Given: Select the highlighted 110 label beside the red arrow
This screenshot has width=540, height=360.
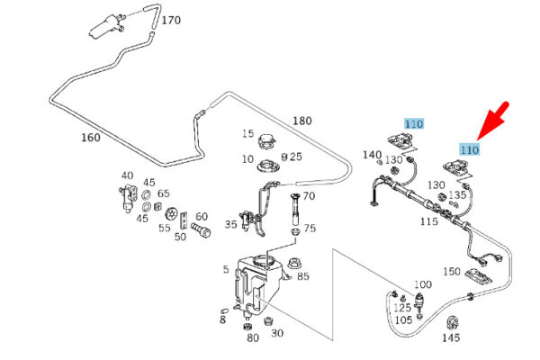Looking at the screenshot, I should pyautogui.click(x=468, y=149).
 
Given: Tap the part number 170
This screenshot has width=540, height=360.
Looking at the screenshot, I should pyautogui.click(x=171, y=20).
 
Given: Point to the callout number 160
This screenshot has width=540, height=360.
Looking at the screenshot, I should pyautogui.click(x=91, y=139).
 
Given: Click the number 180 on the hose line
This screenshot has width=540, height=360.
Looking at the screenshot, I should pyautogui.click(x=301, y=121).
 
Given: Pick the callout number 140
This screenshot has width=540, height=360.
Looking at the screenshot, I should pyautogui.click(x=373, y=155).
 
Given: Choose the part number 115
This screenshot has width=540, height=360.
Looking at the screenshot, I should pyautogui.click(x=428, y=220).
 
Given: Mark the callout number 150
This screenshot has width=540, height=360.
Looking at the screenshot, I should pyautogui.click(x=451, y=271).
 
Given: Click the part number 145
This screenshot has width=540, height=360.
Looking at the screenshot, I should pyautogui.click(x=451, y=337).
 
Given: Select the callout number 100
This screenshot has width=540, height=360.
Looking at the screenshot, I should pyautogui.click(x=423, y=285).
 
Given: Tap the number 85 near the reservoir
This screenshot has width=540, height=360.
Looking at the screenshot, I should pyautogui.click(x=302, y=276).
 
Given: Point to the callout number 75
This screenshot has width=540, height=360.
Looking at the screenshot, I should pyautogui.click(x=310, y=229).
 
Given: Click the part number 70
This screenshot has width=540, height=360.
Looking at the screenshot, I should pyautogui.click(x=308, y=195).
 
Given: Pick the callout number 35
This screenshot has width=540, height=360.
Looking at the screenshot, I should pyautogui.click(x=231, y=225).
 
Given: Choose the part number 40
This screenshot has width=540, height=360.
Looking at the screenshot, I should pyautogui.click(x=127, y=176).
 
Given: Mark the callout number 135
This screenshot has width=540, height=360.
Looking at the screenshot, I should pyautogui.click(x=457, y=194).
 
